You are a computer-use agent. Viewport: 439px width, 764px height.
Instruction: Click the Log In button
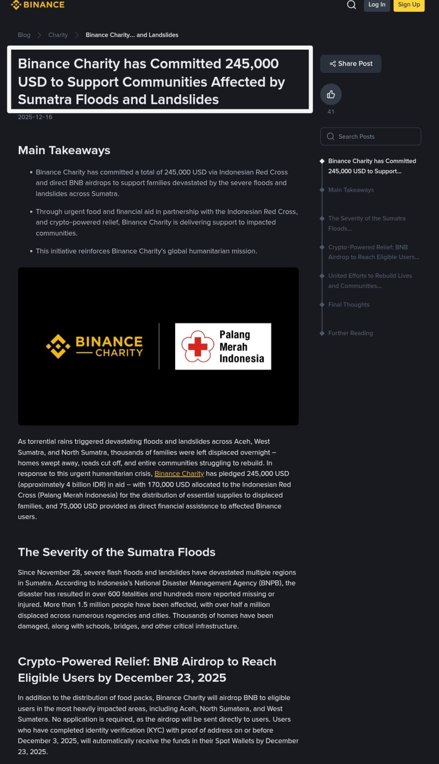click(x=376, y=5)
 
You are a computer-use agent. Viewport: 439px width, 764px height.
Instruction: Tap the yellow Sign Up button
click(x=408, y=5)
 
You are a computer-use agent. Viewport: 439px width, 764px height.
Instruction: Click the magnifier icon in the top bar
click(x=351, y=5)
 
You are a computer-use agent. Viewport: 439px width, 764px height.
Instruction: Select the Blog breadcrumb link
click(x=24, y=35)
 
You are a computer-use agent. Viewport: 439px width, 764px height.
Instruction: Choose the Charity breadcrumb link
click(x=58, y=35)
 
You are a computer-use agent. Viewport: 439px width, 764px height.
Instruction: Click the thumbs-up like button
click(x=331, y=94)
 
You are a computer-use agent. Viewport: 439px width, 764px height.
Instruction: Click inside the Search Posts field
click(x=370, y=136)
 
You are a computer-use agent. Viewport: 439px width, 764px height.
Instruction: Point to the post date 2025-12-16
click(x=35, y=117)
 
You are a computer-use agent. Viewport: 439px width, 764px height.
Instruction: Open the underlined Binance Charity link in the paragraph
click(x=179, y=473)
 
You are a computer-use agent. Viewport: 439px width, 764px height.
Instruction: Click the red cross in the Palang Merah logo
click(x=198, y=346)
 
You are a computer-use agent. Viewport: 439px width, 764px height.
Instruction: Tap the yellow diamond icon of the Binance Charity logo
click(x=58, y=346)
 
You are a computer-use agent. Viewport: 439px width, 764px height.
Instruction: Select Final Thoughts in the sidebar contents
click(x=349, y=304)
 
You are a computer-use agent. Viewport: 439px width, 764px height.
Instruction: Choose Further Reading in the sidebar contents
click(x=350, y=333)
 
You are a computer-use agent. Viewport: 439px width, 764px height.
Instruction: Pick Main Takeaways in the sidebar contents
click(x=351, y=190)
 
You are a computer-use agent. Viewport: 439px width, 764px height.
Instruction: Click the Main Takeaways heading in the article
click(x=64, y=150)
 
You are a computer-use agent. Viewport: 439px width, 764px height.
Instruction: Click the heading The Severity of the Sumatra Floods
click(x=116, y=552)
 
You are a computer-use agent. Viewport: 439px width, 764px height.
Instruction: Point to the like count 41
click(x=331, y=112)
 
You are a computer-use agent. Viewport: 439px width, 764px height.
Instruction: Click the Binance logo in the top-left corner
click(x=38, y=5)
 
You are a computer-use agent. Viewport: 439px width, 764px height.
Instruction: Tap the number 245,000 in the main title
click(x=252, y=64)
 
